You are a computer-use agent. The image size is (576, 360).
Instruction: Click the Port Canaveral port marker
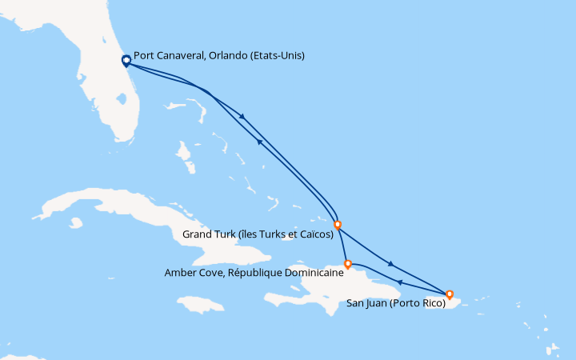[126, 60]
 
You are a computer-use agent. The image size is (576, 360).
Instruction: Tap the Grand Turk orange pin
[338, 225]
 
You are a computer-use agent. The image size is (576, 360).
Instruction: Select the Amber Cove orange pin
[347, 263]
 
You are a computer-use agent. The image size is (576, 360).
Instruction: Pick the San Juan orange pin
[450, 294]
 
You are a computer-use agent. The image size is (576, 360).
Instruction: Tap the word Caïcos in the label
[314, 235]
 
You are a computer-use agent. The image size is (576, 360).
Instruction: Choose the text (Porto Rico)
[418, 304]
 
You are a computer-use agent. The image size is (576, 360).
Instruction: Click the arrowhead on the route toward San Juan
[390, 264]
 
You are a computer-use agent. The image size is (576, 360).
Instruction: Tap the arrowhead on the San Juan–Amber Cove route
[400, 282]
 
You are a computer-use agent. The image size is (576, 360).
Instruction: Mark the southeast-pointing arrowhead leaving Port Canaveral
[242, 117]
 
